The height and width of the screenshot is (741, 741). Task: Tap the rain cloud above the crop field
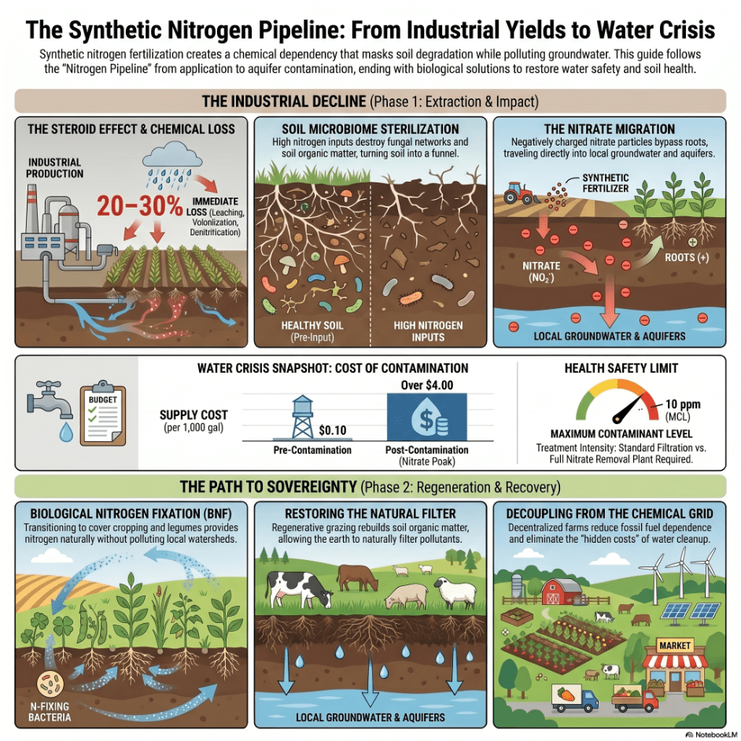click(172, 154)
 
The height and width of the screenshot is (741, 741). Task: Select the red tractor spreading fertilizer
click(518, 193)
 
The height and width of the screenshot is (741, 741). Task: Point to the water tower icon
click(302, 417)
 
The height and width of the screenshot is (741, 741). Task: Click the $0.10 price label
click(333, 430)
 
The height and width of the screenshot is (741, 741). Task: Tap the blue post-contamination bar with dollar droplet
click(426, 417)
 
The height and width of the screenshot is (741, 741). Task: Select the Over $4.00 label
click(426, 385)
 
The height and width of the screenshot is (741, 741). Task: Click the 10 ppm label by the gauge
click(683, 404)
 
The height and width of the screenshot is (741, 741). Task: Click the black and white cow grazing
click(299, 588)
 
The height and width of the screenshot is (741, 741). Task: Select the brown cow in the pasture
click(358, 578)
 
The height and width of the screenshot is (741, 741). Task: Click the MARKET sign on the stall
click(674, 646)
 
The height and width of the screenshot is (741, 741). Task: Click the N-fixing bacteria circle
click(50, 685)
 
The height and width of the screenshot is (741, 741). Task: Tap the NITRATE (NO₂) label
click(541, 271)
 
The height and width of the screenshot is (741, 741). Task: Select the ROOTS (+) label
click(687, 257)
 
